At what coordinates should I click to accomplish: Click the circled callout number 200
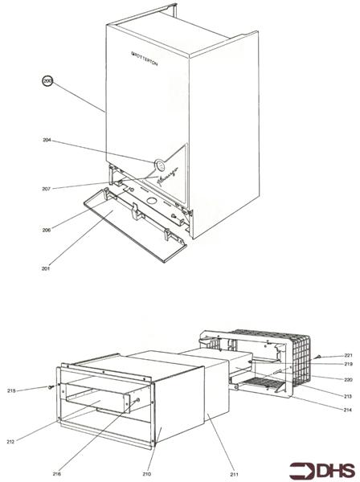pos(47,80)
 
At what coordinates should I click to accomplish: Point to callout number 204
pos(47,140)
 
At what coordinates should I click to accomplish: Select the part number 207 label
pos(47,189)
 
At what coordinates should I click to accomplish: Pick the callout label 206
pos(47,230)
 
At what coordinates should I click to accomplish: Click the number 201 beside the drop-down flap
pos(47,268)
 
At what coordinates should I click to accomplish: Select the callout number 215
pos(35,390)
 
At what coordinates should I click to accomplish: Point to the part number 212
pos(32,441)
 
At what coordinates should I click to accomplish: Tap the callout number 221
pos(349,355)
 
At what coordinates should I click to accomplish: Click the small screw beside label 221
pos(319,356)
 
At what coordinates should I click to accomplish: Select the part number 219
pos(349,365)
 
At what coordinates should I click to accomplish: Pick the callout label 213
pos(349,396)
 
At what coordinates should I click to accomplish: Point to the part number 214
pos(349,411)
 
